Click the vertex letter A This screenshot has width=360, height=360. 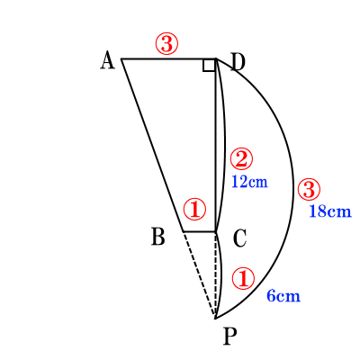(107, 60)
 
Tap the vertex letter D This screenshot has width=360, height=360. (238, 62)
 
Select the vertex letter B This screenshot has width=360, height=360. (158, 237)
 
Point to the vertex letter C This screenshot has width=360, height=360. (239, 238)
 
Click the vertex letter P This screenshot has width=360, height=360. (230, 336)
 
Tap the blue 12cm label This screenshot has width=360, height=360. (249, 182)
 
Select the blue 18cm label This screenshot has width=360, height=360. (330, 211)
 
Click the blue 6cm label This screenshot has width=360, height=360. (283, 296)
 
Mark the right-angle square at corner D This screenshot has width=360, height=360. (209, 66)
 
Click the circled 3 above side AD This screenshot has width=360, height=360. (166, 44)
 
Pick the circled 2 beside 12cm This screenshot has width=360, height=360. (241, 159)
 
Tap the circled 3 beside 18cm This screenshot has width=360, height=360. (309, 190)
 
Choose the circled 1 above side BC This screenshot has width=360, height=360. (195, 209)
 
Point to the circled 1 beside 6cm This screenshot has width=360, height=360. (243, 279)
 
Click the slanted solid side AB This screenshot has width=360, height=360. (152, 146)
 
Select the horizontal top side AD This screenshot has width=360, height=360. (168, 59)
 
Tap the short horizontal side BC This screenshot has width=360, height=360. (200, 231)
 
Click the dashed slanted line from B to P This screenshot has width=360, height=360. (199, 274)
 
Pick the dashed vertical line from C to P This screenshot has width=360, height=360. (216, 274)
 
